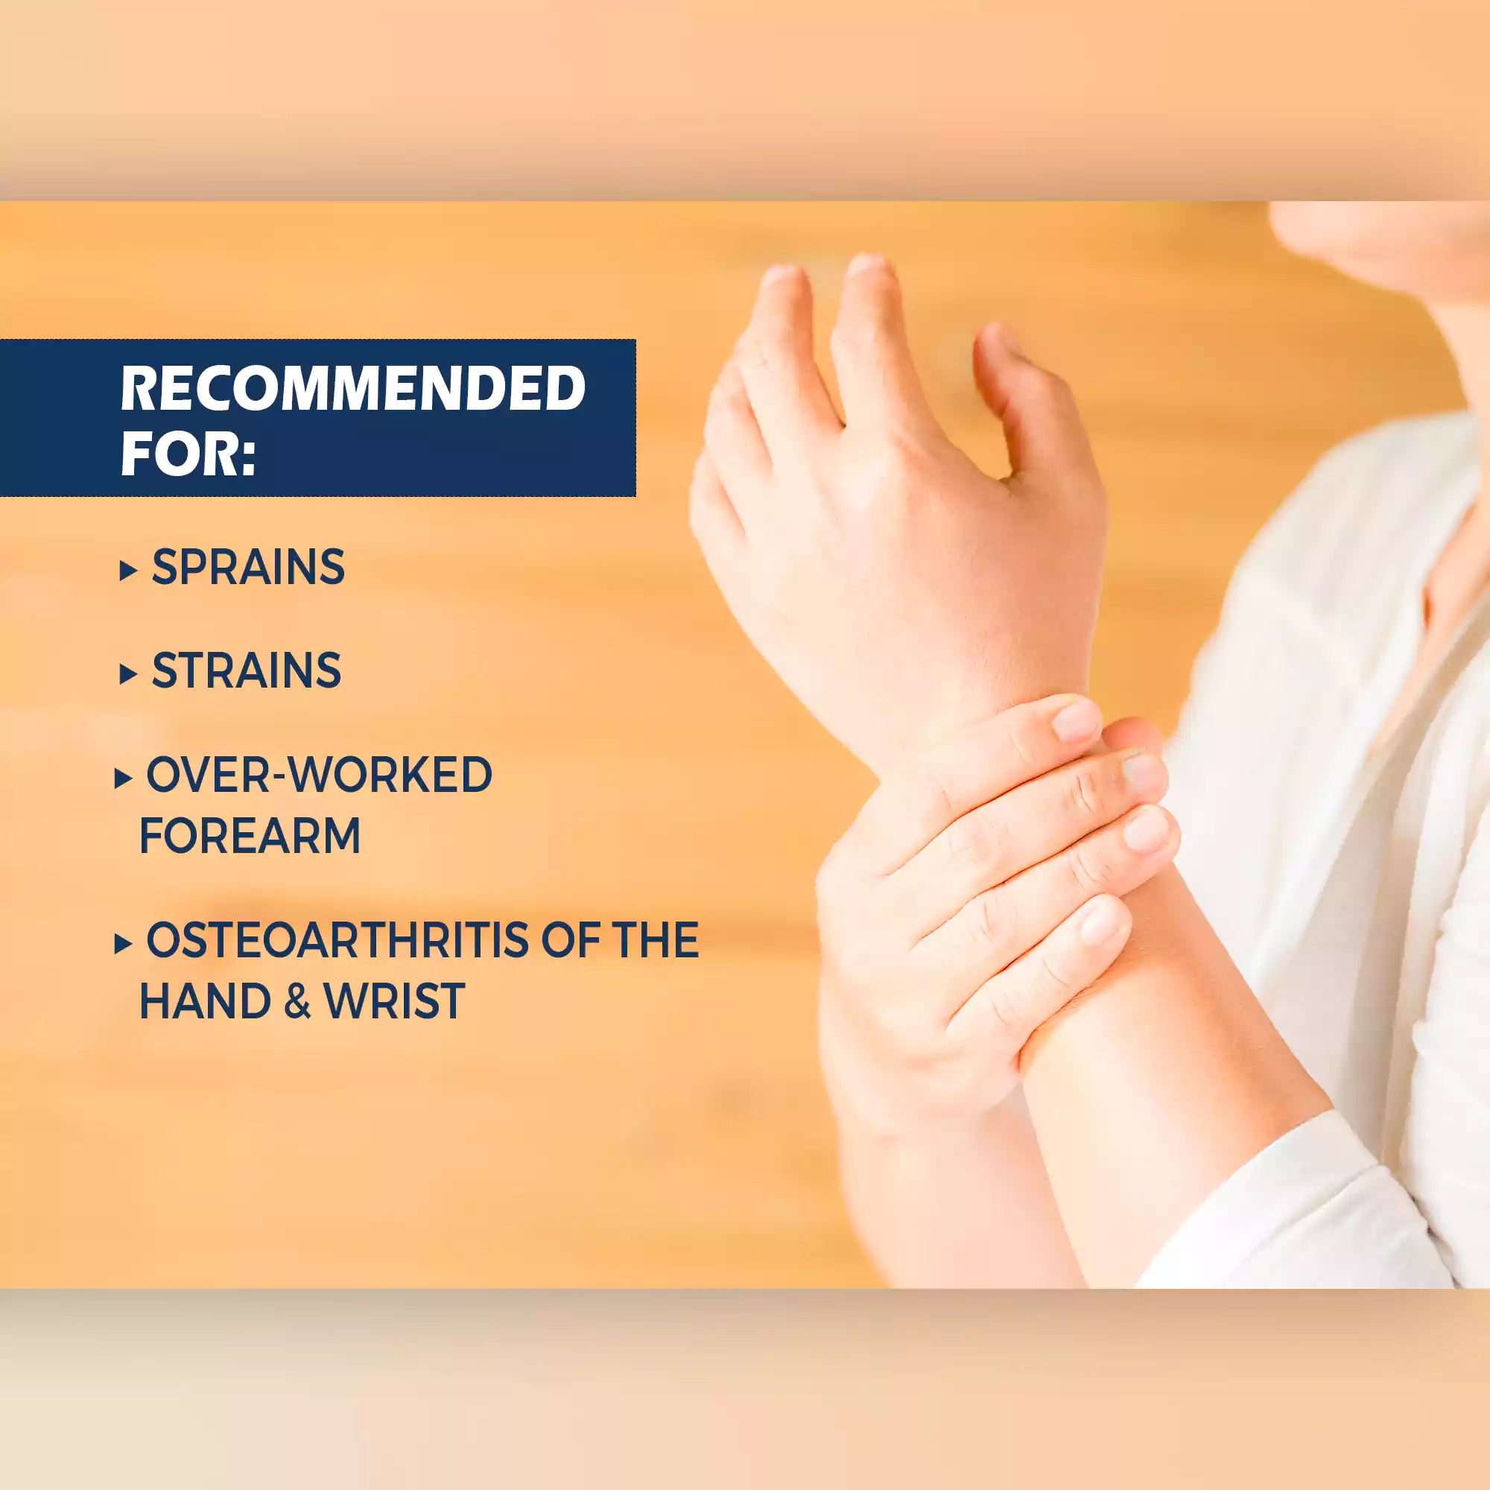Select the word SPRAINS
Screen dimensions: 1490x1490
248,568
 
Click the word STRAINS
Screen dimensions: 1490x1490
246,670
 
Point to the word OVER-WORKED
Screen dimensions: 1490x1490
319,774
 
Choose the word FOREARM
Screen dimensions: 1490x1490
250,835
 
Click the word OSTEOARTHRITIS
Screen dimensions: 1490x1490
337,940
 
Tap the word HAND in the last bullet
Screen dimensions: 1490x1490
205,1001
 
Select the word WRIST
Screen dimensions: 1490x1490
394,1001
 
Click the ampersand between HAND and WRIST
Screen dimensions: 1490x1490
297,1001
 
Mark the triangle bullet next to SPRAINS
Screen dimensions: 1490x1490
128,571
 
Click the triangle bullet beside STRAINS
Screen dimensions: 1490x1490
128,675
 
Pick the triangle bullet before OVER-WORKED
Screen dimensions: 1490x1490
123,779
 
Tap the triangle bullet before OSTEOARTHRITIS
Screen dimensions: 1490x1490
123,943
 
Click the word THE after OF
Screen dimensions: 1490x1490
656,940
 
